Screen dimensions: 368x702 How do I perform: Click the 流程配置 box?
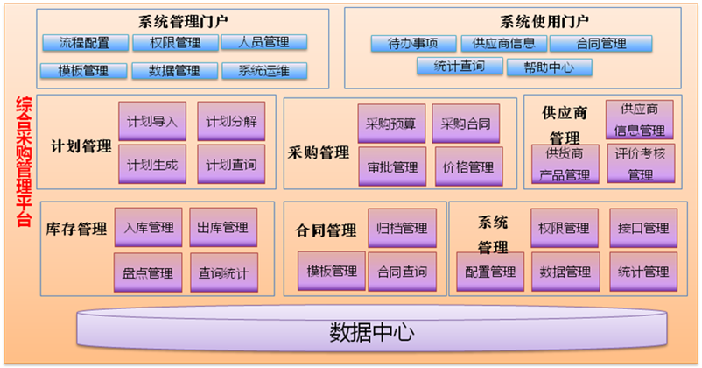coord(84,42)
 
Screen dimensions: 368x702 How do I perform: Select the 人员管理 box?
coord(264,42)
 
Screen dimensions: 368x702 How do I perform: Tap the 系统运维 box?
coord(264,71)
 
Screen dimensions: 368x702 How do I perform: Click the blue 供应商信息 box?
coord(504,43)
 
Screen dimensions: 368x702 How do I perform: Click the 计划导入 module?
coord(151,122)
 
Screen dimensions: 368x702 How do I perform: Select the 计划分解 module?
coord(231,122)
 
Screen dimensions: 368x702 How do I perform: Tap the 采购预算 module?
coord(391,124)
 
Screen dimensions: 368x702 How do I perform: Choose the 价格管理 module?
coord(469,166)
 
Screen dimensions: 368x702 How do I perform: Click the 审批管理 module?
coord(391,166)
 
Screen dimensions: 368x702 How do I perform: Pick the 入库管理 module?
coord(149,229)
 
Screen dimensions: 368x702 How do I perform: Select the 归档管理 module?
coord(402,229)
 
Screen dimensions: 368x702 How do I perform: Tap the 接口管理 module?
coord(643,229)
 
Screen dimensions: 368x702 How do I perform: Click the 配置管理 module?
coord(490,272)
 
